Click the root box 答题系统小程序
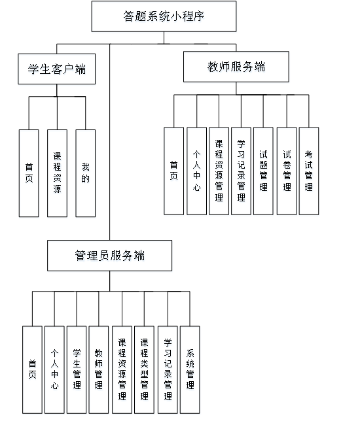click(163, 16)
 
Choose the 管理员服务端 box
click(109, 256)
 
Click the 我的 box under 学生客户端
click(85, 173)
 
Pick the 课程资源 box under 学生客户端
click(57, 173)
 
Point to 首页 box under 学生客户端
click(29, 173)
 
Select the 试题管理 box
click(263, 171)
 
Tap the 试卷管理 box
click(286, 171)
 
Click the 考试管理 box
click(308, 171)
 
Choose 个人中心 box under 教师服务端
click(196, 171)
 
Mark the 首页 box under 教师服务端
click(173, 171)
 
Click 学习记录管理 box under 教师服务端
click(241, 171)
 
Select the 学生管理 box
click(77, 369)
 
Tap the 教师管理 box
click(99, 369)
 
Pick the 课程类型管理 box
click(144, 369)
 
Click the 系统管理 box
click(190, 369)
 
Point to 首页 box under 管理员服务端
click(31, 369)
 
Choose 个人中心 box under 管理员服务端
click(54, 369)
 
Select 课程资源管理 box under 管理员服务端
click(122, 369)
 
